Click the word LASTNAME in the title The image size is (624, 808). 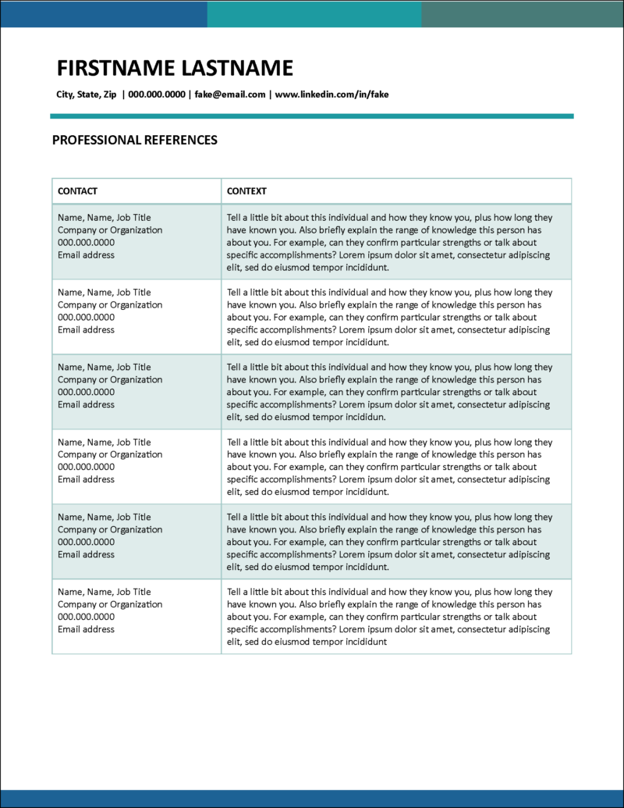click(237, 69)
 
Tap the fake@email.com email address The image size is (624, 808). click(230, 94)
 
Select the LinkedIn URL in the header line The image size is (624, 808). click(331, 94)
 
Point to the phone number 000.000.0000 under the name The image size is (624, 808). click(157, 94)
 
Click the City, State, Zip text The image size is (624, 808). click(87, 94)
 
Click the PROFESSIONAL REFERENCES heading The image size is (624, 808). click(134, 141)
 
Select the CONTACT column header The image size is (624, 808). click(78, 191)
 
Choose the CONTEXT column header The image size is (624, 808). click(246, 191)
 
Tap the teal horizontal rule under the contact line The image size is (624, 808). click(312, 116)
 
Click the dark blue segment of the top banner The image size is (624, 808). click(104, 14)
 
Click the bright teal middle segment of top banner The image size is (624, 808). click(314, 14)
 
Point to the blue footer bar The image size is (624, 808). click(312, 798)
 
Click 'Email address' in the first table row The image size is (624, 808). click(86, 255)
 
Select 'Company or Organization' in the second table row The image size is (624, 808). click(110, 305)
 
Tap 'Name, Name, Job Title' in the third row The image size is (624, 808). click(105, 367)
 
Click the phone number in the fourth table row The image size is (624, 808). click(86, 467)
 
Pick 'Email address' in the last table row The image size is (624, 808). click(86, 629)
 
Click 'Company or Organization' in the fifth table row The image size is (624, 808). click(110, 529)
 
